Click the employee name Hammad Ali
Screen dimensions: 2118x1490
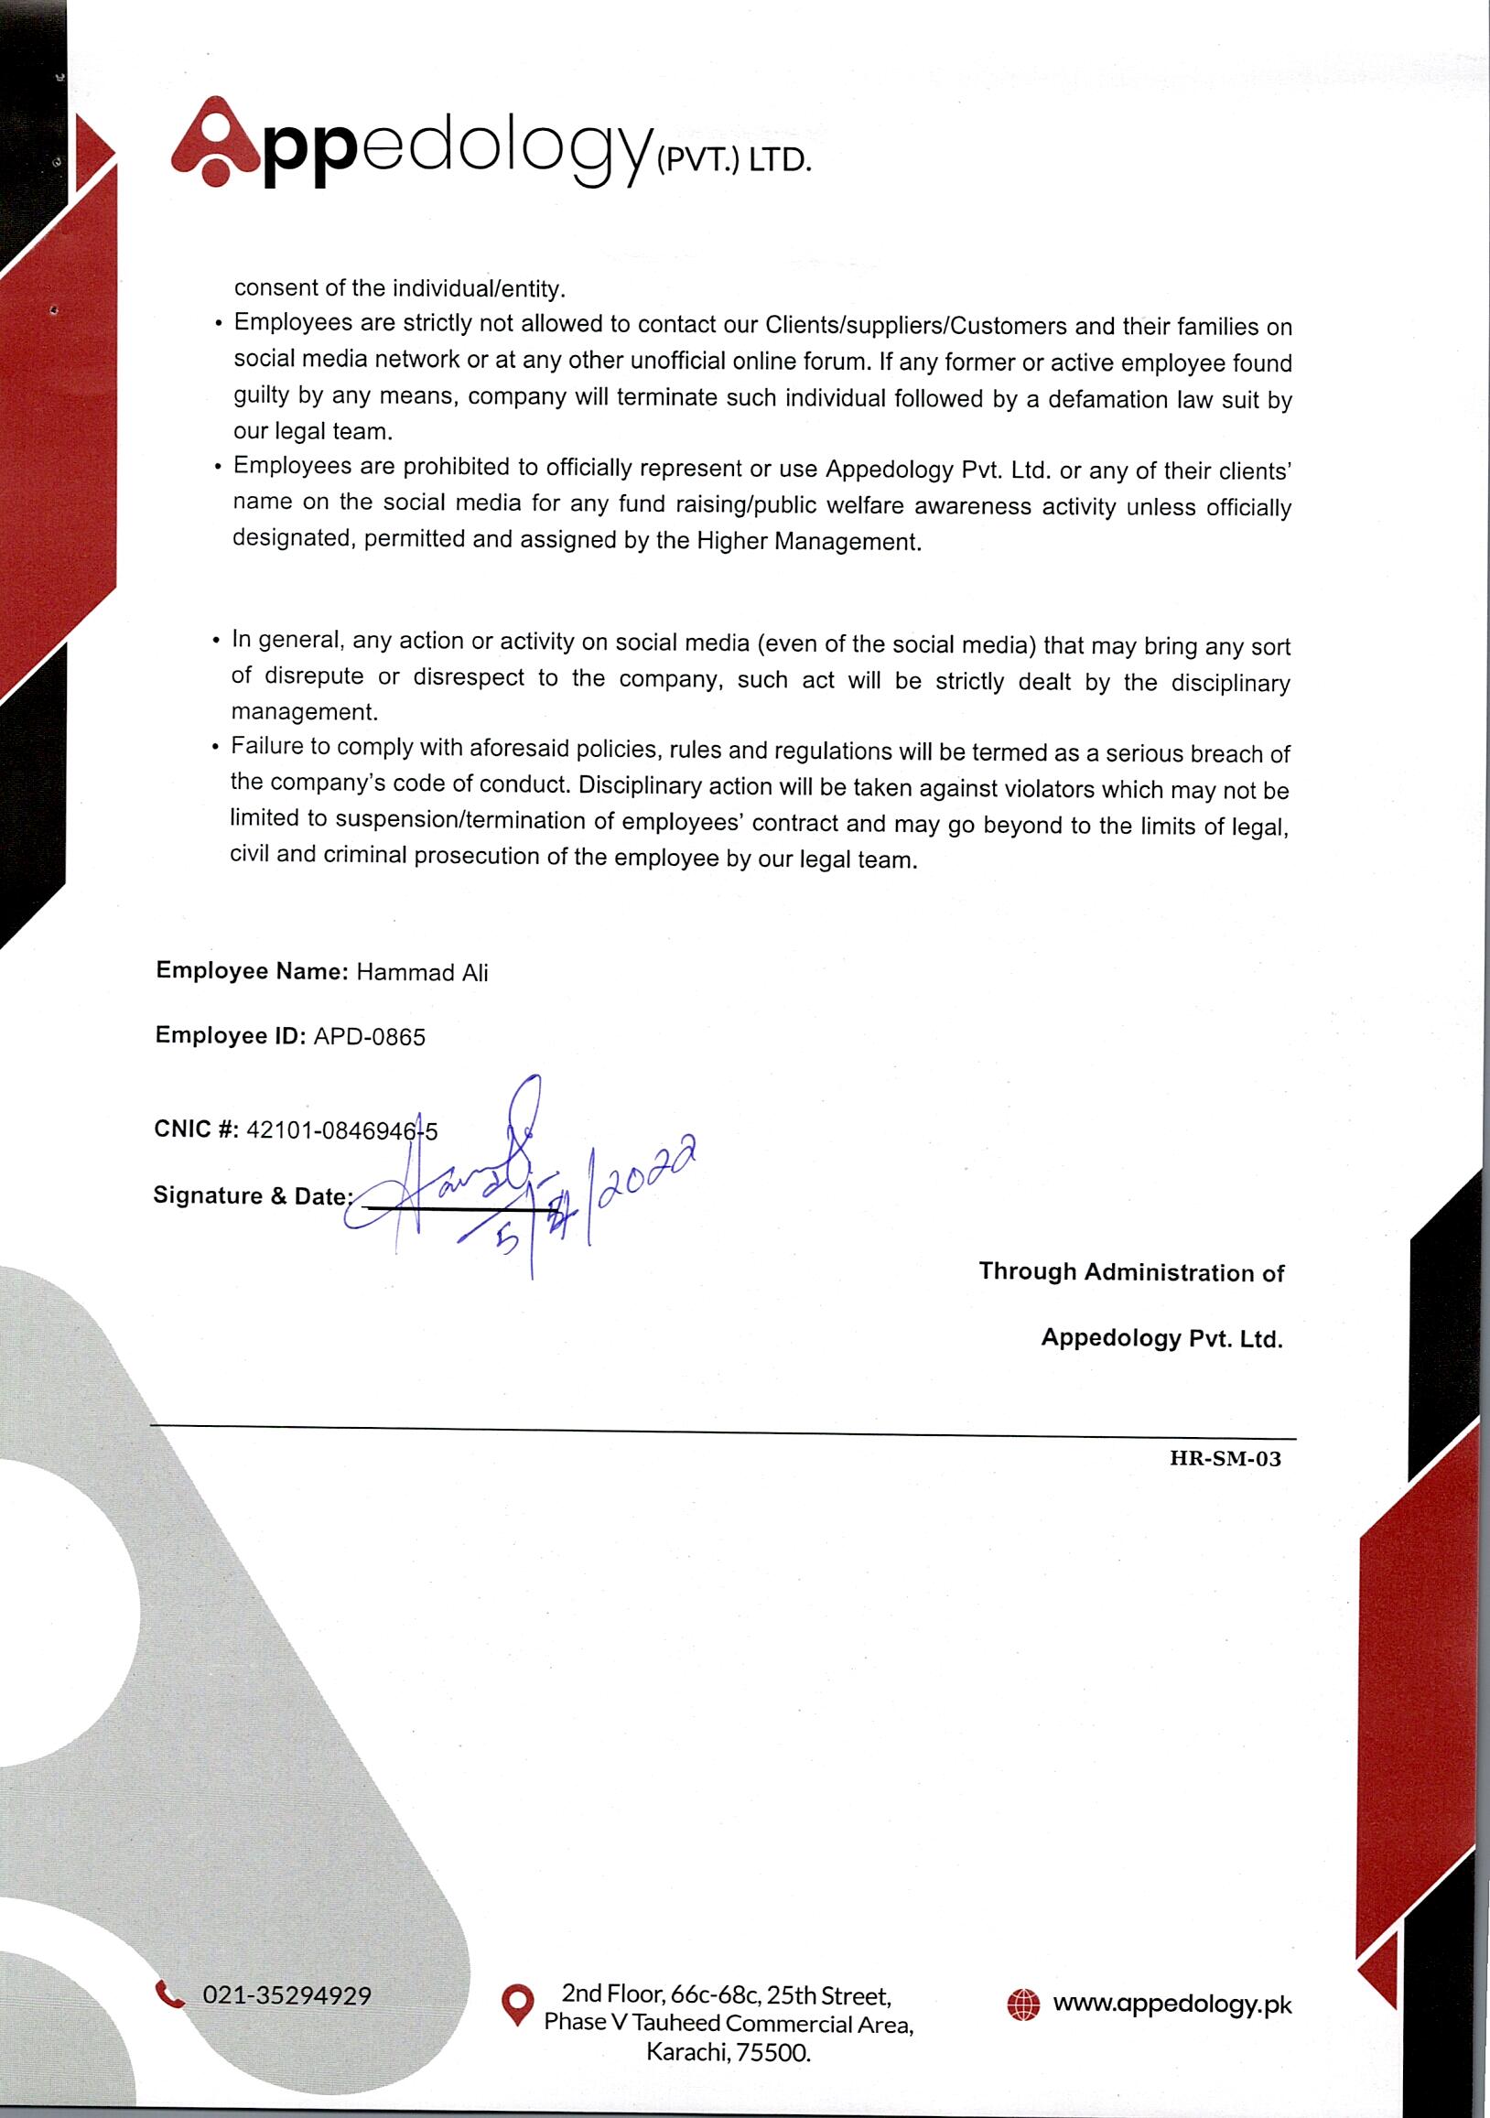pyautogui.click(x=422, y=972)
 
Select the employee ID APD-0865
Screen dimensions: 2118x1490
pyautogui.click(x=369, y=1037)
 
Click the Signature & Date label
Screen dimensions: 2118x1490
pyautogui.click(x=252, y=1195)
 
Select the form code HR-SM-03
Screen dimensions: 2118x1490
pyautogui.click(x=1225, y=1458)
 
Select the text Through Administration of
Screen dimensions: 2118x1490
pyautogui.click(x=1131, y=1272)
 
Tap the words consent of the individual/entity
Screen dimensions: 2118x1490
pyautogui.click(x=398, y=287)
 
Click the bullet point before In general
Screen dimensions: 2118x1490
pyautogui.click(x=216, y=640)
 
